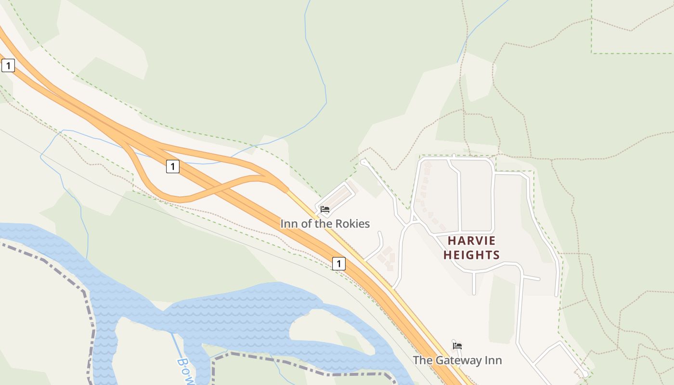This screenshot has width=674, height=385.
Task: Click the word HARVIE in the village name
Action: point(471,241)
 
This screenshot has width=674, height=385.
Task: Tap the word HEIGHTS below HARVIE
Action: point(471,255)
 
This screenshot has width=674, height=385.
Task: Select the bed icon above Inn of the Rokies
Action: point(325,209)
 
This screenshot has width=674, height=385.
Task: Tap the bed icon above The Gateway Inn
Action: point(457,346)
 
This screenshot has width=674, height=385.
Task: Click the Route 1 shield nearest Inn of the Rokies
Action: point(339,264)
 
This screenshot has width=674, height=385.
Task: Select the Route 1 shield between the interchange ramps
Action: point(172,167)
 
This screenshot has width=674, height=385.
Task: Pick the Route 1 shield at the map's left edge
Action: point(8,65)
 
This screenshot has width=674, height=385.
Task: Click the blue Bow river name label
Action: point(185,371)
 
